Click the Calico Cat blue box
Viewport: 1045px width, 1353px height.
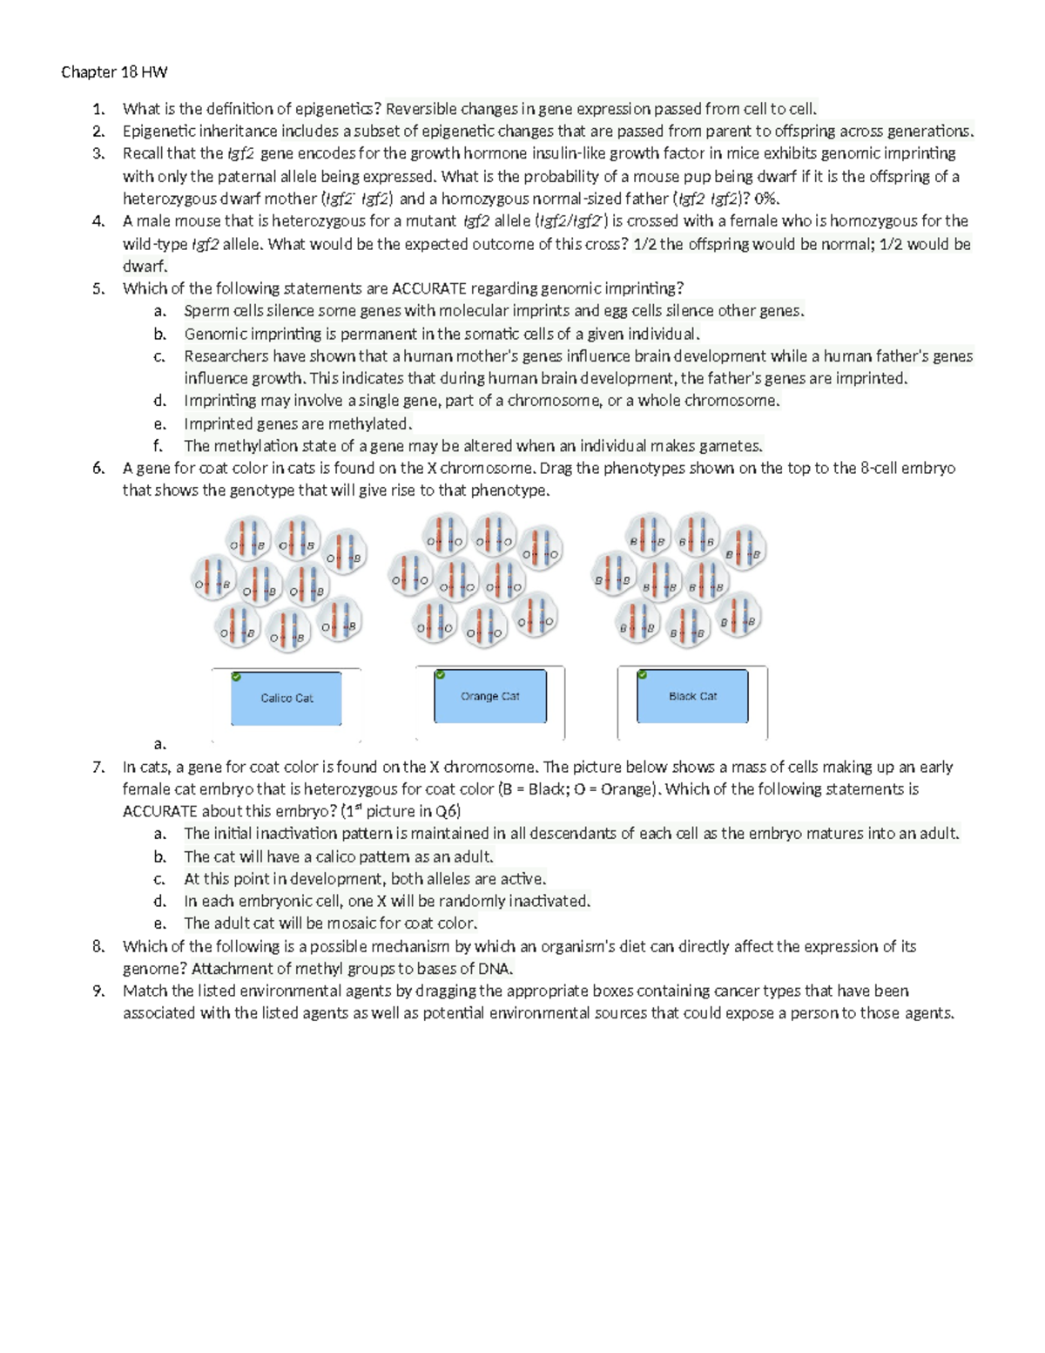pyautogui.click(x=286, y=698)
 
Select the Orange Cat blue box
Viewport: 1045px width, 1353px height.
pyautogui.click(x=490, y=696)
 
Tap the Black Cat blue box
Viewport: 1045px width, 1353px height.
pyautogui.click(x=692, y=696)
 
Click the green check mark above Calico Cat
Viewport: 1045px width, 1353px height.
pyautogui.click(x=236, y=676)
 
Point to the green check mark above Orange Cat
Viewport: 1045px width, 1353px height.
pyautogui.click(x=440, y=674)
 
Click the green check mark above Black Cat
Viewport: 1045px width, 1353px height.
pyautogui.click(x=642, y=674)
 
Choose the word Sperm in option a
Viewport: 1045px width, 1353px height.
pyautogui.click(x=206, y=311)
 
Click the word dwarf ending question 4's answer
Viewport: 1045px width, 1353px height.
pyautogui.click(x=142, y=267)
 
